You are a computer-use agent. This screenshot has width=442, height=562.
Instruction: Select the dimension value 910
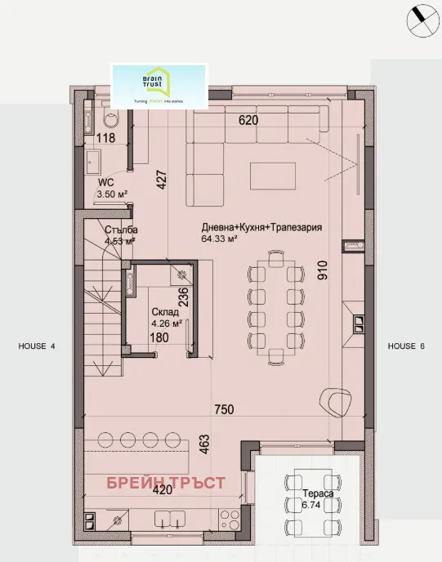pyautogui.click(x=323, y=270)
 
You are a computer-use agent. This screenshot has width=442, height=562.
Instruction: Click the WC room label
pyautogui.click(x=105, y=183)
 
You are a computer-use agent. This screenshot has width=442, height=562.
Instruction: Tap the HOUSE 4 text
pyautogui.click(x=37, y=346)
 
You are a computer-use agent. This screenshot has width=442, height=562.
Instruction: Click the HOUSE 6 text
pyautogui.click(x=407, y=346)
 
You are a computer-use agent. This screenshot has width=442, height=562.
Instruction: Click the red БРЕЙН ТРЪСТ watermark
pyautogui.click(x=166, y=483)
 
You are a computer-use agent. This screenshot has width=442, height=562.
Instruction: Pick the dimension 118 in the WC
pyautogui.click(x=106, y=138)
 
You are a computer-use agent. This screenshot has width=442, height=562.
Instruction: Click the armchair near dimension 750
pyautogui.click(x=335, y=399)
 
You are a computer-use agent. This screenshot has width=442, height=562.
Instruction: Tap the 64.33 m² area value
pyautogui.click(x=219, y=239)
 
